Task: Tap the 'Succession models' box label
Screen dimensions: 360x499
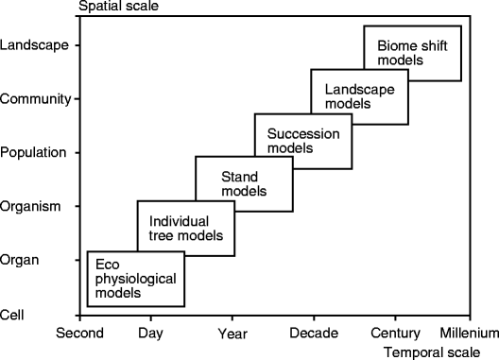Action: (298, 140)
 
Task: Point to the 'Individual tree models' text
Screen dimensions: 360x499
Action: (186, 228)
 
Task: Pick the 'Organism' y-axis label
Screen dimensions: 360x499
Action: (33, 205)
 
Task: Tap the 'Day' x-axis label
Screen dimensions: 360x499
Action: (150, 333)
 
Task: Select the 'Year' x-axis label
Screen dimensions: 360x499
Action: (232, 333)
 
